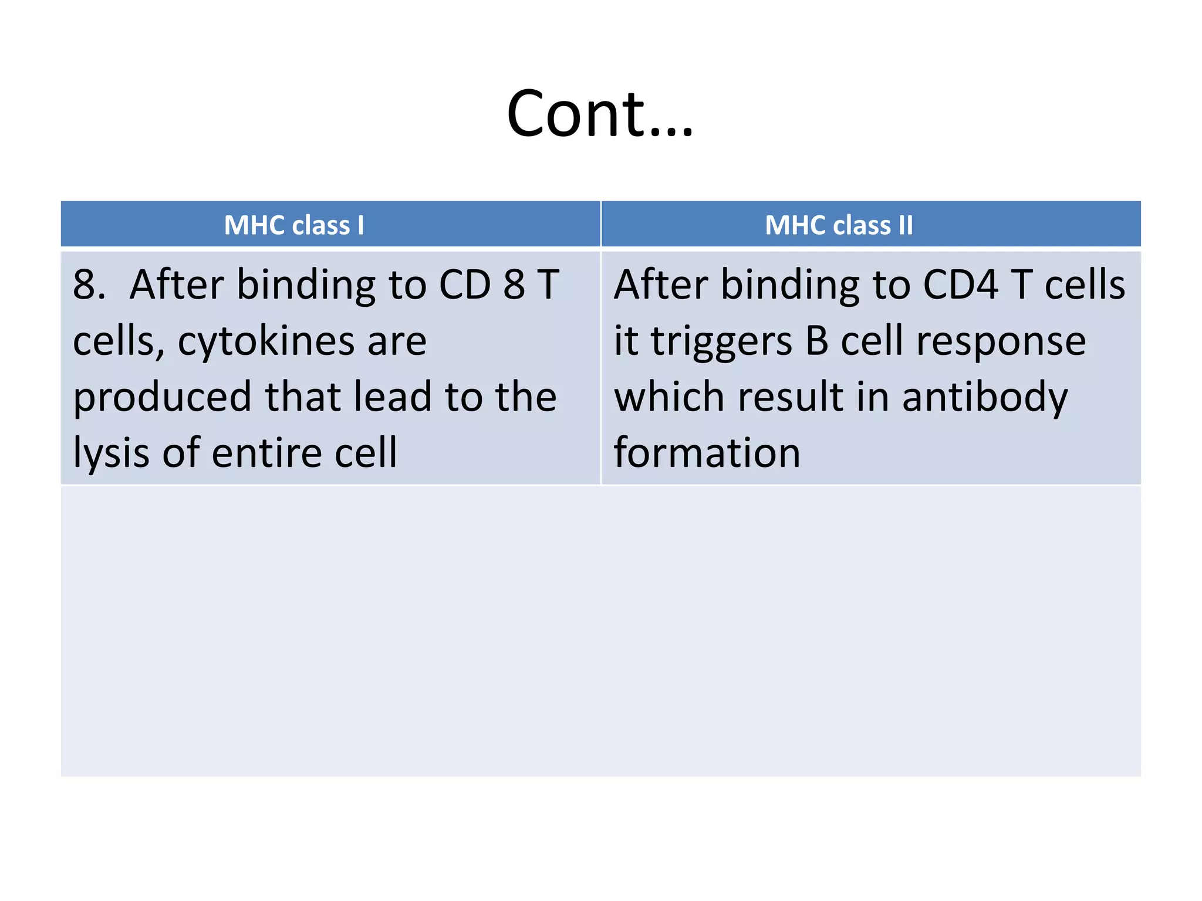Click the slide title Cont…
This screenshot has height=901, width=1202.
coord(600,114)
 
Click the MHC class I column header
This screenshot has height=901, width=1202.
coord(294,225)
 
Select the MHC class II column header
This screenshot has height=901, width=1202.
coord(839,225)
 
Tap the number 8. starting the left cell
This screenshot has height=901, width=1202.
coord(89,285)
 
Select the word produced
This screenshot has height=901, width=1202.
coord(162,398)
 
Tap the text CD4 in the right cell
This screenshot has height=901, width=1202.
coord(960,285)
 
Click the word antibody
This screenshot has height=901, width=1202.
coord(985,398)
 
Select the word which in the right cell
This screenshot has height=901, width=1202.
coord(669,398)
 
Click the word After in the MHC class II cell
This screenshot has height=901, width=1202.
coord(660,285)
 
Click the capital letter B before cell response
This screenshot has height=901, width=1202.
coord(816,341)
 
